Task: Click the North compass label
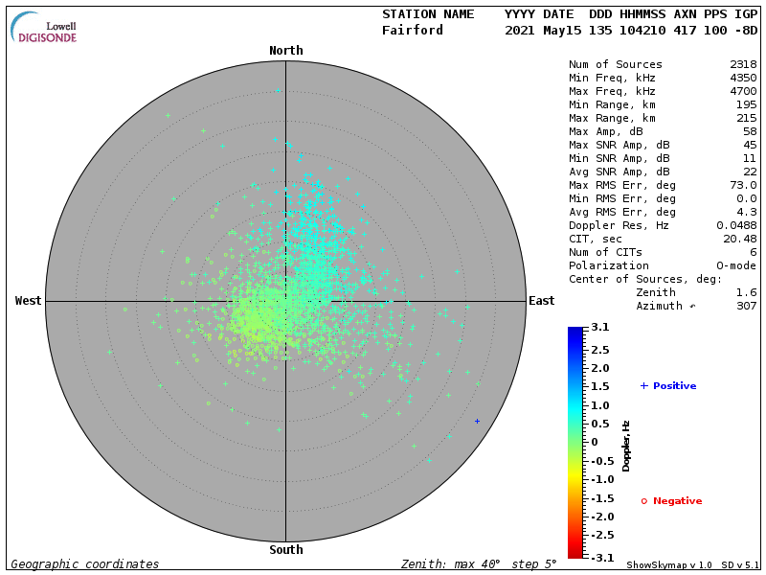[285, 51]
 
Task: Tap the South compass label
[285, 550]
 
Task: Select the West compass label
[28, 301]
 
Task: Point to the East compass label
[541, 301]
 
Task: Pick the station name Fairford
[413, 30]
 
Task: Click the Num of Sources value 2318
[742, 64]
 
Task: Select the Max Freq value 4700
[742, 91]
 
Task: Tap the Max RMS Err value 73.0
[742, 185]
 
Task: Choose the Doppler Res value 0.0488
[735, 225]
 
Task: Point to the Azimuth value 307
[746, 306]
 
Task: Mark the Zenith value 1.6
[746, 292]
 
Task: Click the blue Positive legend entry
[668, 386]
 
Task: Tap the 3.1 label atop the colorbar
[599, 328]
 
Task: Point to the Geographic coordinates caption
[85, 564]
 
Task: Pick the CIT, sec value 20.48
[739, 239]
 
